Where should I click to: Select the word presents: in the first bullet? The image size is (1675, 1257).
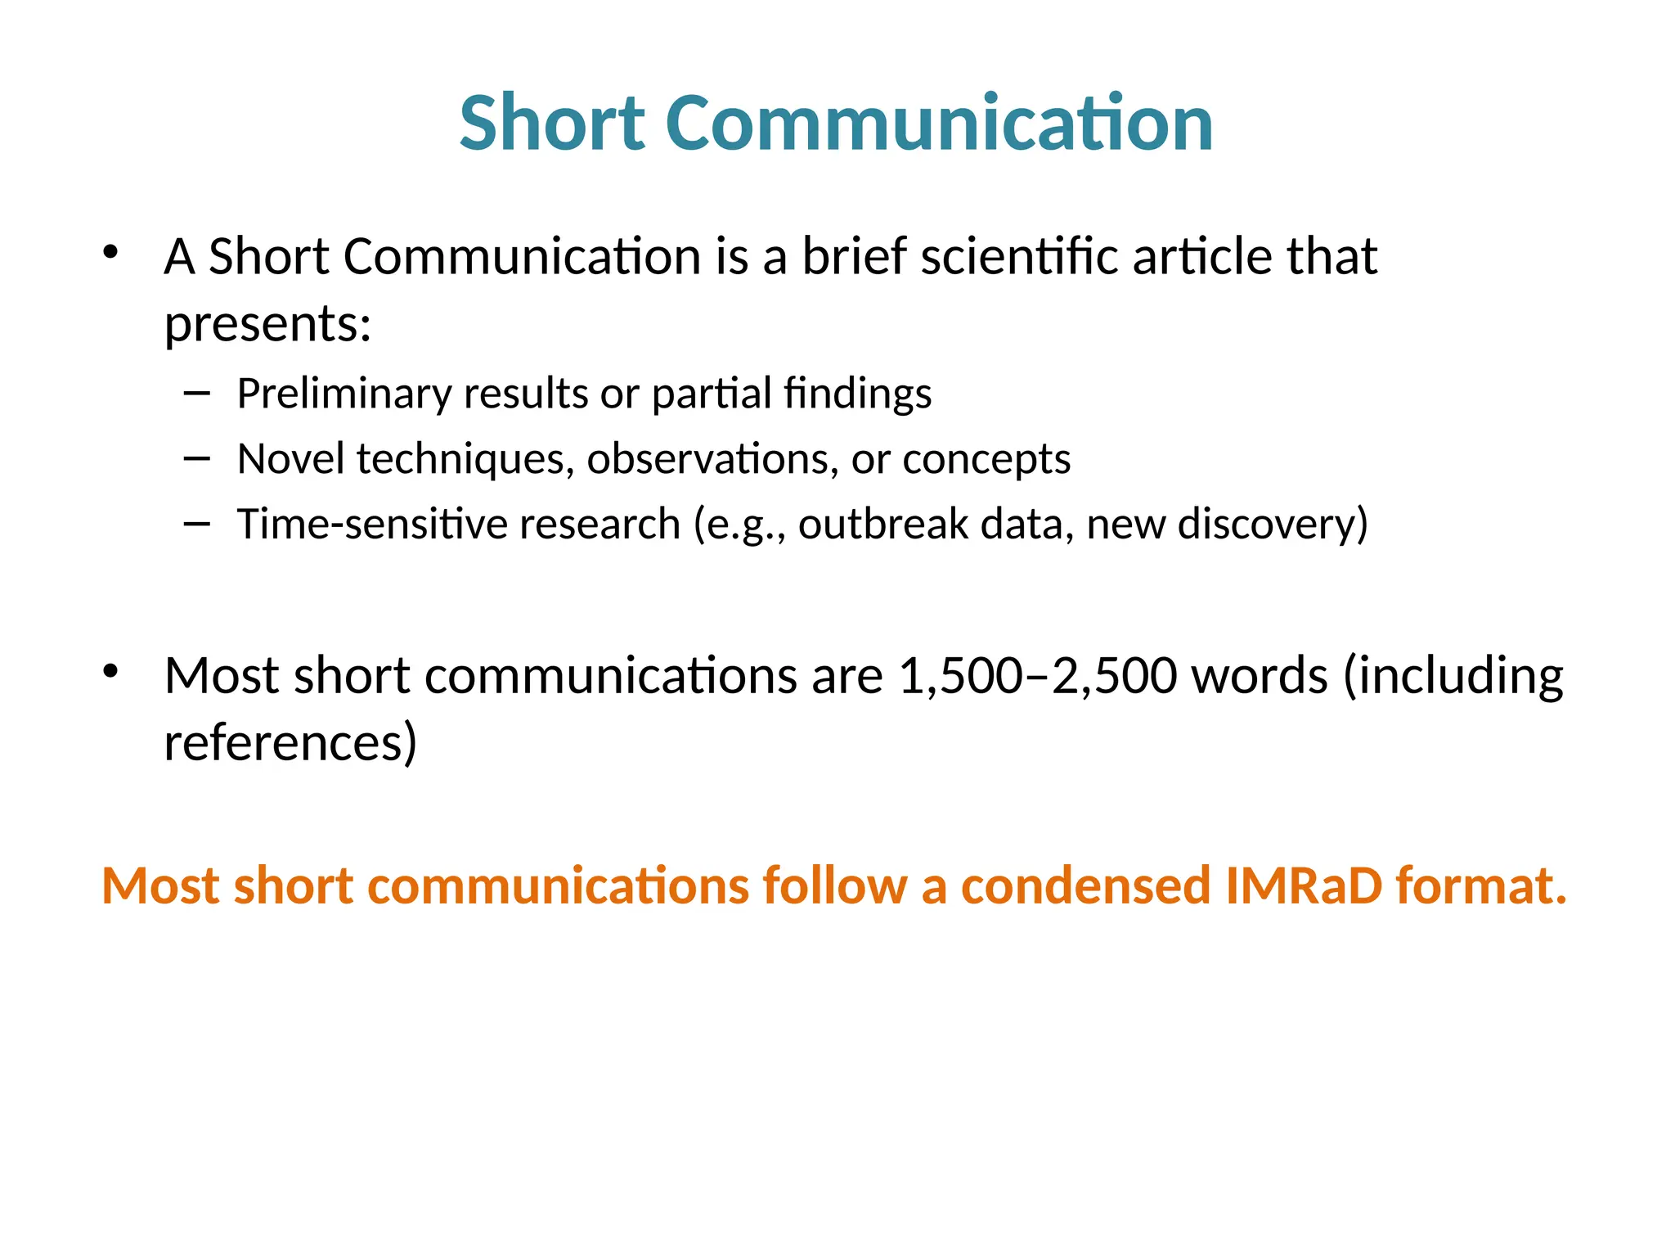pos(268,323)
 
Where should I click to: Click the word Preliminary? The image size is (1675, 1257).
pos(344,394)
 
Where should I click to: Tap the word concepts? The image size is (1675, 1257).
pos(986,458)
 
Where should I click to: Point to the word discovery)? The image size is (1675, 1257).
pos(1273,524)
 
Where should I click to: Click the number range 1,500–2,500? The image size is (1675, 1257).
pos(1038,676)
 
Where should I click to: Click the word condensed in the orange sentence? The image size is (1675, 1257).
pos(1085,885)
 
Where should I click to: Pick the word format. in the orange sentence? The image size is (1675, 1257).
pos(1481,885)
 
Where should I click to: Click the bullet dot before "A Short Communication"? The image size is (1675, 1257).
pos(111,252)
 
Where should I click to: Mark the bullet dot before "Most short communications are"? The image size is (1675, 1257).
pos(111,672)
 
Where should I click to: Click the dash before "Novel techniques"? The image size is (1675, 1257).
pos(197,459)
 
